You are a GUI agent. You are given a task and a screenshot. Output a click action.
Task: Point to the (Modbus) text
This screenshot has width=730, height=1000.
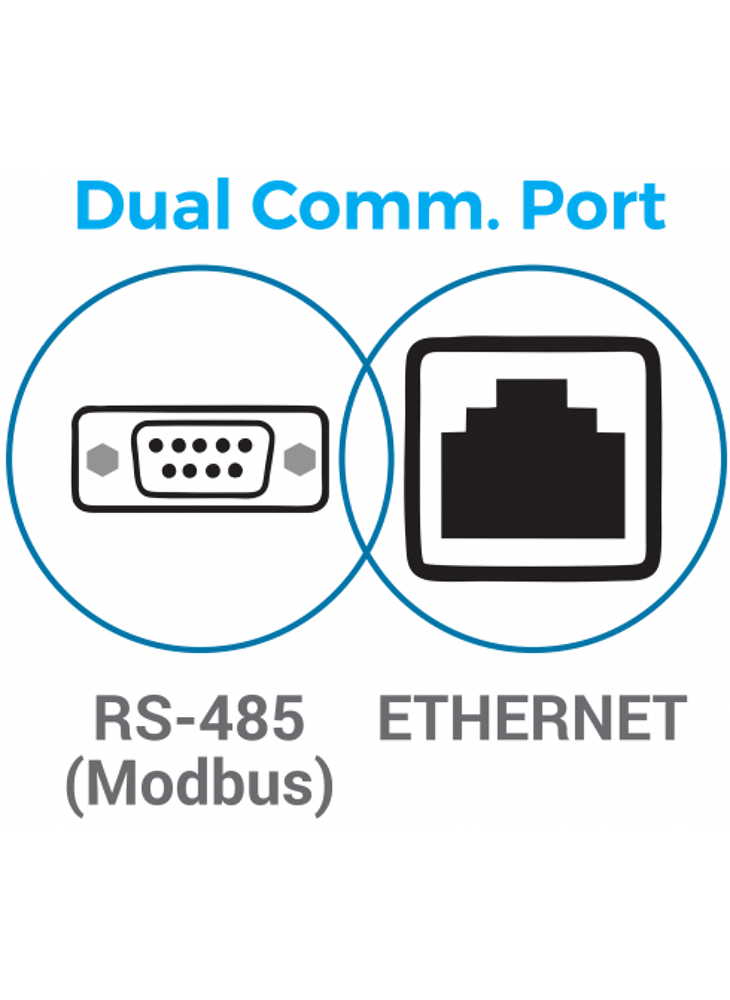199,783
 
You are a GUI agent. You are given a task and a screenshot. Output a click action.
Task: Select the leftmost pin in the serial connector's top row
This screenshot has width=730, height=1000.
155,446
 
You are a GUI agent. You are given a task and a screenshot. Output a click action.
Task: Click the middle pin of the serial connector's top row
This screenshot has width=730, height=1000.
200,446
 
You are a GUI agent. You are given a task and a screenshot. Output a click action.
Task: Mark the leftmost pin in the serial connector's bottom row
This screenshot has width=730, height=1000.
167,470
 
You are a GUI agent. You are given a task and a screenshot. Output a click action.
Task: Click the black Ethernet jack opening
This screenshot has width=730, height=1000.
532,475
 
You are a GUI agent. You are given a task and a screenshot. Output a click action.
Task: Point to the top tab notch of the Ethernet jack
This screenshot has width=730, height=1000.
532,392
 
